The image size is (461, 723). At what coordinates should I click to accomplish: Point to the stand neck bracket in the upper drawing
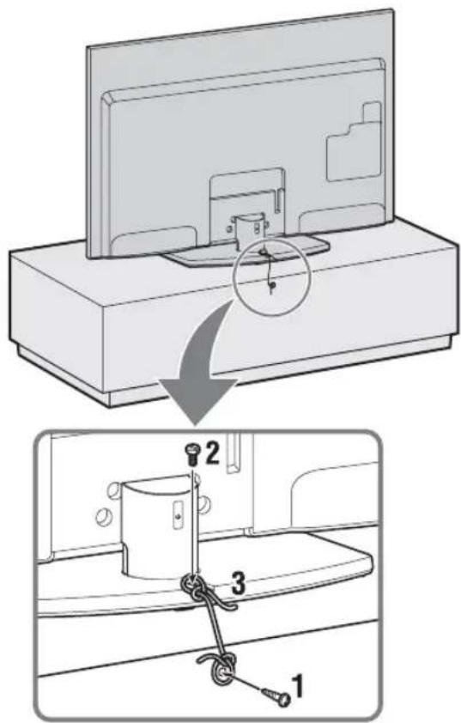pos(249,225)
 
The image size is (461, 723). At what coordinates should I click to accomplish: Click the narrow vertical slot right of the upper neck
pos(278,199)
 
